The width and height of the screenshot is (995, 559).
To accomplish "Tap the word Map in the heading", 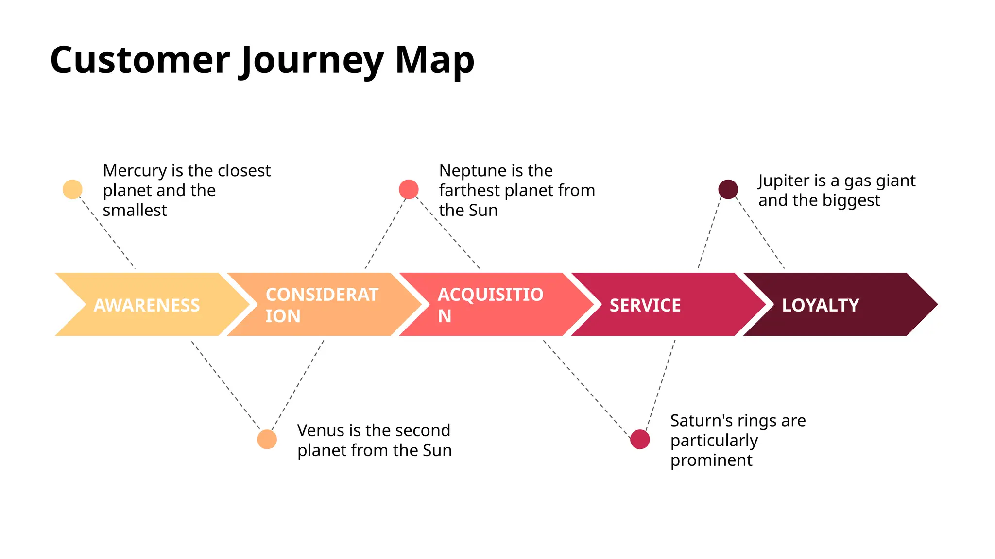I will pos(434,61).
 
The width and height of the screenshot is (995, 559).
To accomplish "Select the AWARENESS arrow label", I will pos(147,305).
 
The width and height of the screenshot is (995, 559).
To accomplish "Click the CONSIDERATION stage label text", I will pos(322,305).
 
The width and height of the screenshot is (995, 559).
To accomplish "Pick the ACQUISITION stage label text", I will pos(490,305).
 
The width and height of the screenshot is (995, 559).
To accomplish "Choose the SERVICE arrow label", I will pos(645,305).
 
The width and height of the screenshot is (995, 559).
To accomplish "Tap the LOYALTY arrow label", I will pos(821,305).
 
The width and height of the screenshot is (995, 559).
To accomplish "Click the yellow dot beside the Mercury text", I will pos(72,189).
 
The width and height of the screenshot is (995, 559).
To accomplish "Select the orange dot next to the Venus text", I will pos(267,439).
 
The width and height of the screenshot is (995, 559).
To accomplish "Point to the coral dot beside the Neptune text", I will pos(409,189).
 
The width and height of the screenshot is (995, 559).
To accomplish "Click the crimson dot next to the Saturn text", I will pos(640,439).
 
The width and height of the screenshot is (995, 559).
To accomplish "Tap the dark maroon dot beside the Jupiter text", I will pos(728,189).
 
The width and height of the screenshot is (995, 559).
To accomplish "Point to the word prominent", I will pos(711,460).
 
